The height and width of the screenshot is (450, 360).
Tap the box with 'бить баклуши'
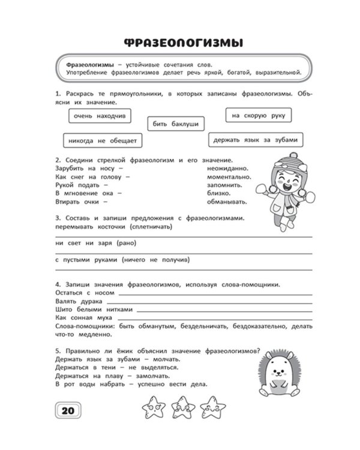coord(176,124)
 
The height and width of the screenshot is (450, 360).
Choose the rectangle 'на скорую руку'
coord(259,114)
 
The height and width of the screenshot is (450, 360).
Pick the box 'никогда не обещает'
coord(102,140)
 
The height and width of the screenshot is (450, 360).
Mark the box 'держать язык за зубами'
coord(256,140)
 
